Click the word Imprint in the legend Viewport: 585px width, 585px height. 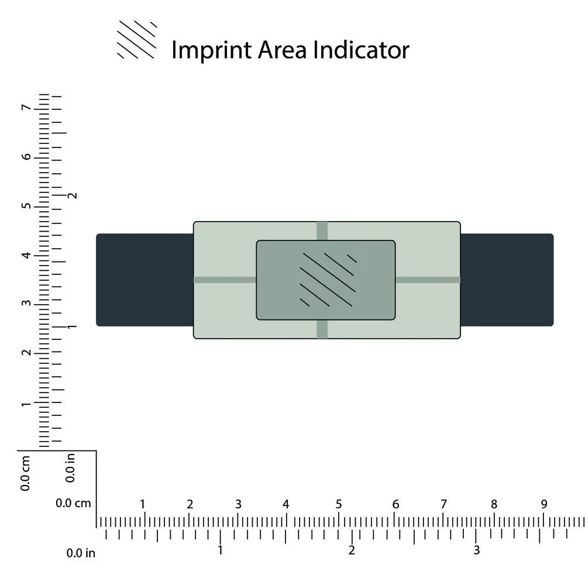click(211, 50)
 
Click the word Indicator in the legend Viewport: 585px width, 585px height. click(361, 49)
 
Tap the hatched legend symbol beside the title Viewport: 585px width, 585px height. click(137, 40)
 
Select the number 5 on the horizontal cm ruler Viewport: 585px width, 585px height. click(339, 504)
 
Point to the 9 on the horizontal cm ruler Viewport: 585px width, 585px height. click(544, 504)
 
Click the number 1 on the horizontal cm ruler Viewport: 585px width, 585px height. click(142, 504)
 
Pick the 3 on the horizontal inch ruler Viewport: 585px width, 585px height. click(476, 550)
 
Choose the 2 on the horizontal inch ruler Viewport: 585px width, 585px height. click(352, 550)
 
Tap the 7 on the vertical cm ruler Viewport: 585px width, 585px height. click(26, 108)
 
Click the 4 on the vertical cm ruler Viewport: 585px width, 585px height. click(26, 255)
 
